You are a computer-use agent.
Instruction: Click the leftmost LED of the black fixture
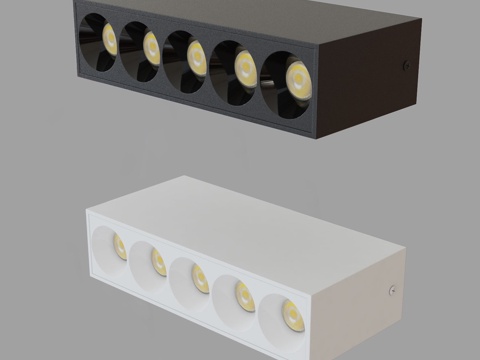[x=109, y=40]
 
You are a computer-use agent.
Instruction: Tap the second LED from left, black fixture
[x=152, y=47]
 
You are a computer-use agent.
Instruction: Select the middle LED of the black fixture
[x=196, y=57]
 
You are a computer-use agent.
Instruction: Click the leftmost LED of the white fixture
[x=119, y=246]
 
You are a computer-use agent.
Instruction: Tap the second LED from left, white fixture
[x=159, y=262]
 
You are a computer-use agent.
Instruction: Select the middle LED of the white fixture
[x=201, y=278]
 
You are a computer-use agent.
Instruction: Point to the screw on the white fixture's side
[x=390, y=291]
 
